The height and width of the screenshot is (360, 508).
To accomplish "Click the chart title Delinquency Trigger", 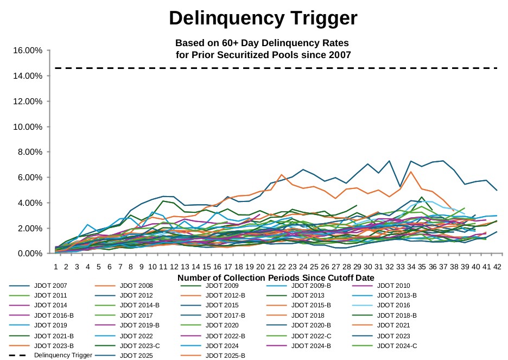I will [263, 18].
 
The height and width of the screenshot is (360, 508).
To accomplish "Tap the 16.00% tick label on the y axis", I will [27, 50].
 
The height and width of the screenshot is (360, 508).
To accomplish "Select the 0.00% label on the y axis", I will [29, 254].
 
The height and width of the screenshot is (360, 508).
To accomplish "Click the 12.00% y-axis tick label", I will [27, 102].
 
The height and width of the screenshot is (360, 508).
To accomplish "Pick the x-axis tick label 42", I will [497, 267].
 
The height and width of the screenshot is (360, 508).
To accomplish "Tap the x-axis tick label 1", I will [55, 267].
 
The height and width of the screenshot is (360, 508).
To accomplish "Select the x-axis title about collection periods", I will [275, 277].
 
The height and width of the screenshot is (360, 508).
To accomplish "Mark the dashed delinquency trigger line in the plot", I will [271, 68].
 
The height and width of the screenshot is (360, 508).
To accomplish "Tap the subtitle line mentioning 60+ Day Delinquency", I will [262, 43].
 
